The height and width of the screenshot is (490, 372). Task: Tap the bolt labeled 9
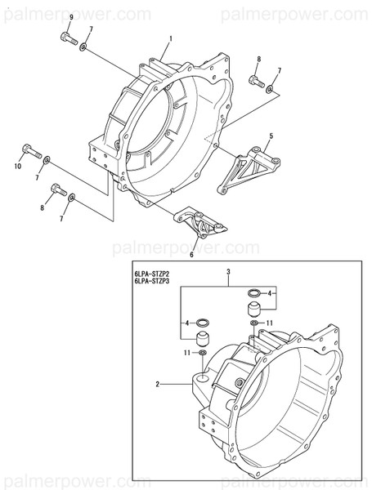click(69, 38)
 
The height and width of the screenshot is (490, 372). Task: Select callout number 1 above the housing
click(170, 39)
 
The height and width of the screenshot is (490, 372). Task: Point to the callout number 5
click(271, 136)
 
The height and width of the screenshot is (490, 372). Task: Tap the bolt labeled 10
click(29, 151)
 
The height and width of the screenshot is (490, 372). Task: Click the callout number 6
click(191, 255)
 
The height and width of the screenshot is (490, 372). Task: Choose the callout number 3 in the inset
click(228, 271)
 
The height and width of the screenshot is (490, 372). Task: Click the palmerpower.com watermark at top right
click(314, 14)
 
